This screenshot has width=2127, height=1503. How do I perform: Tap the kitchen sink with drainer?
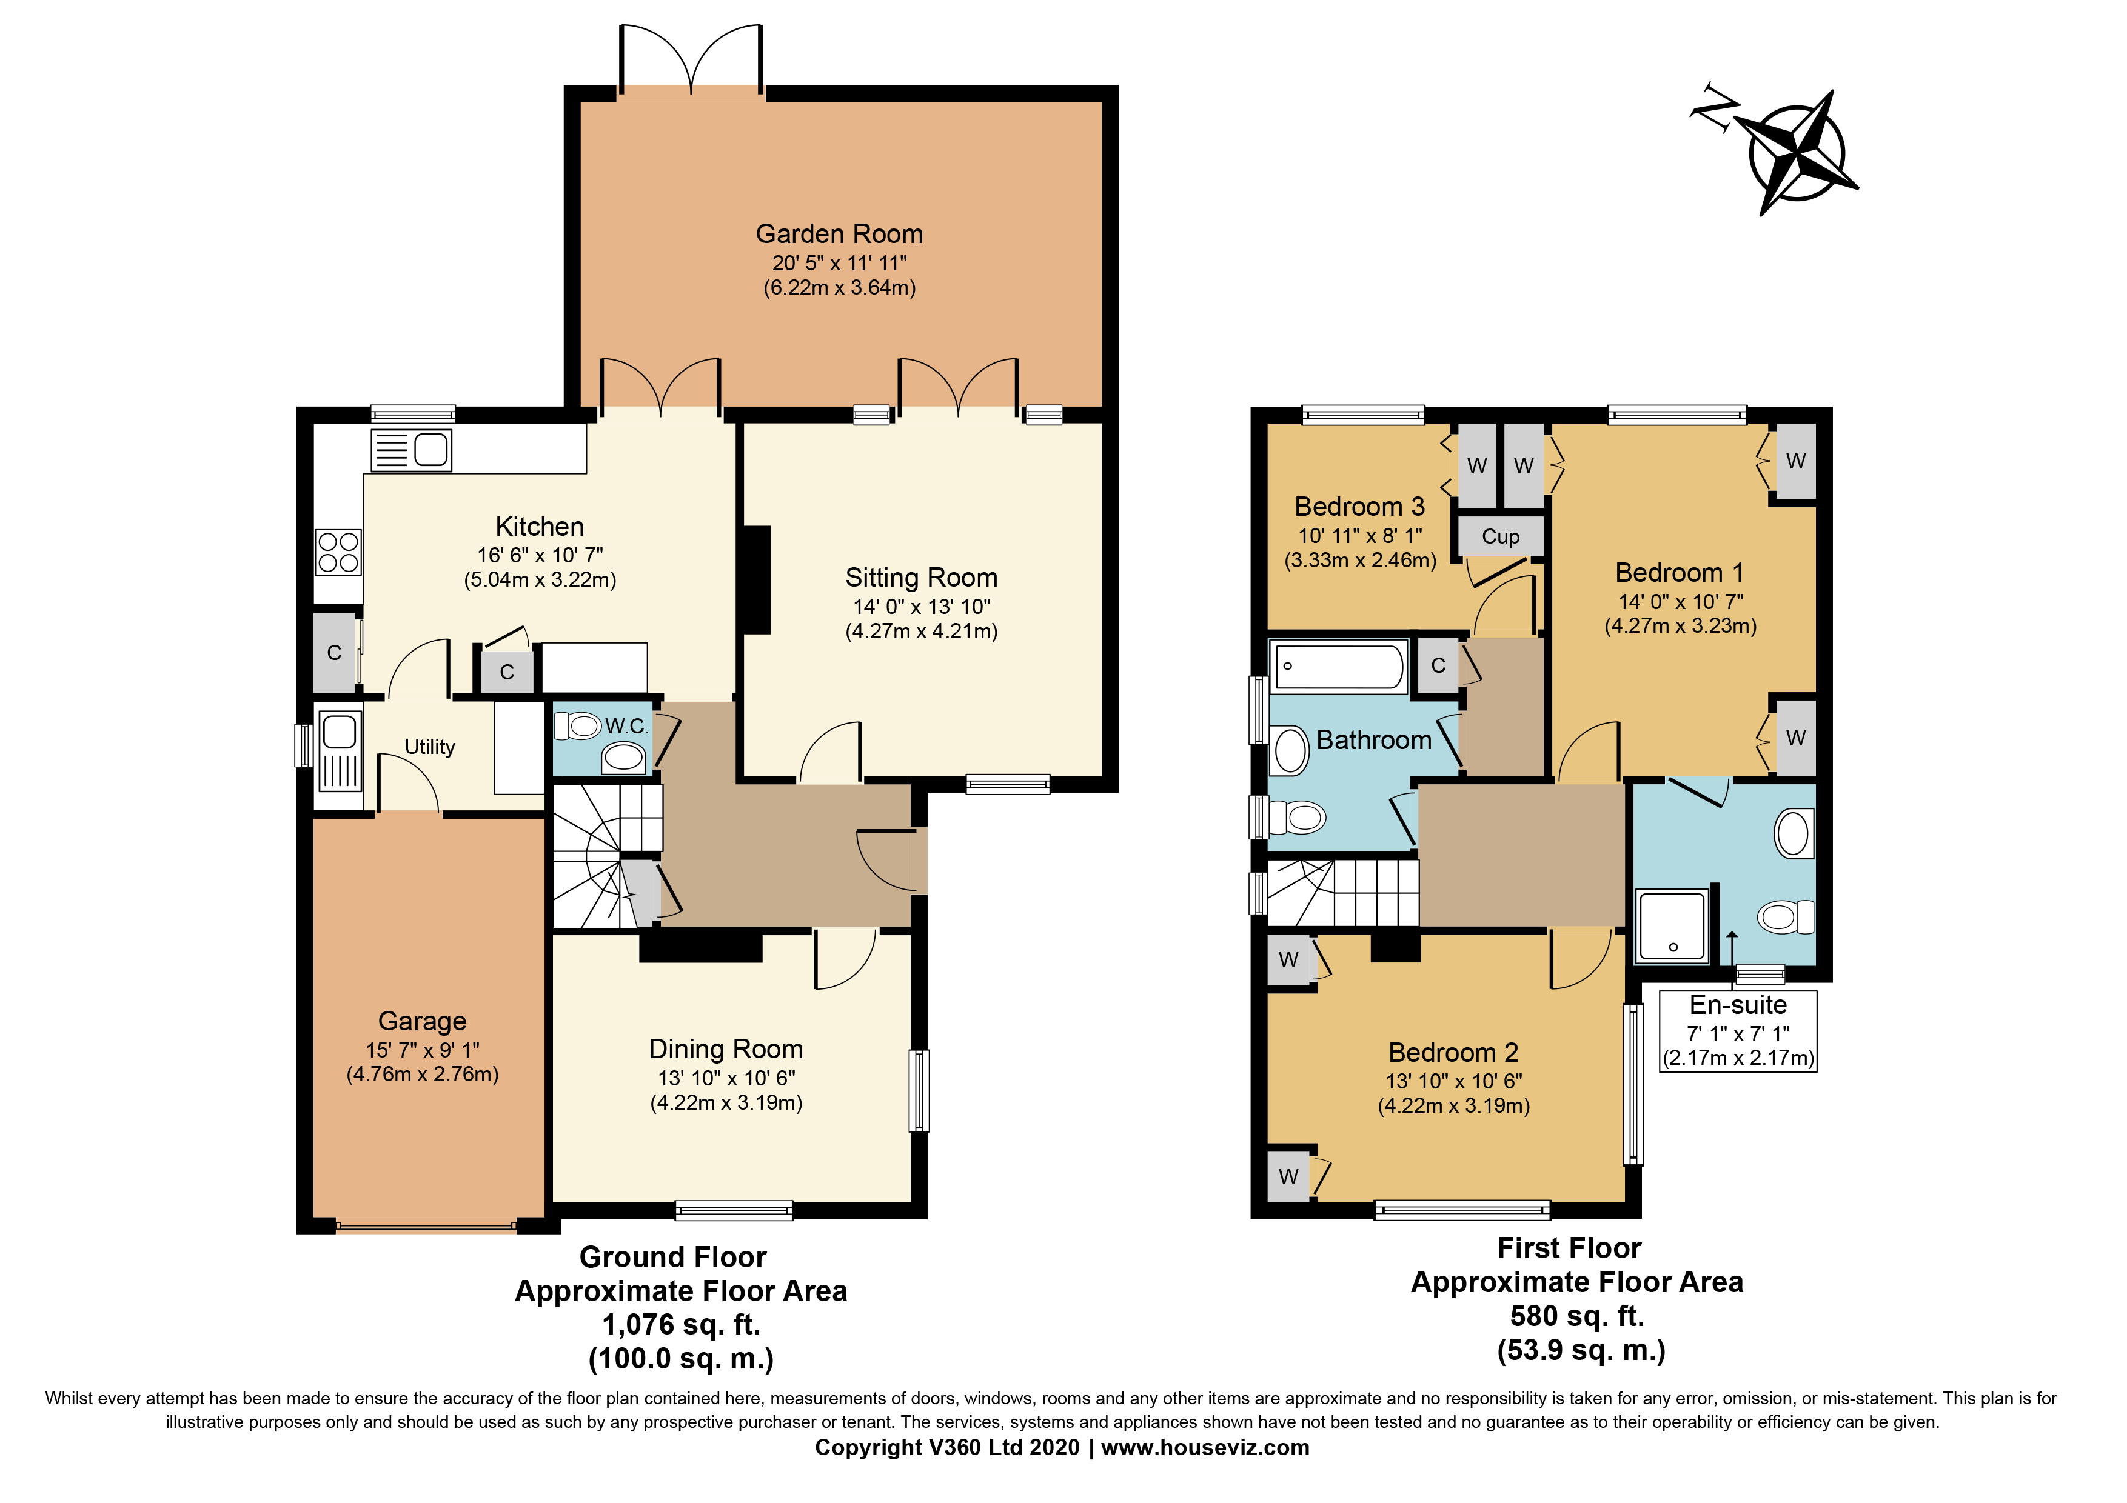coord(411,451)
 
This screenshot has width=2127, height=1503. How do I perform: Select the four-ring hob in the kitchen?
coord(338,552)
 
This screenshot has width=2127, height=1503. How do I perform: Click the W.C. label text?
coord(626,726)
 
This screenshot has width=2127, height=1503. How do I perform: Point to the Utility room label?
coord(430,747)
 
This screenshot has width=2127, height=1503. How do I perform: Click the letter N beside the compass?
coord(1713,112)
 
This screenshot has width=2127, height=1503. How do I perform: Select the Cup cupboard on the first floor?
coord(1500,536)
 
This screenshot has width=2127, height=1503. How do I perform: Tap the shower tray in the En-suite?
coord(1672,925)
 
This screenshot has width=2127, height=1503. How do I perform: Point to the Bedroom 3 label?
coord(1359,507)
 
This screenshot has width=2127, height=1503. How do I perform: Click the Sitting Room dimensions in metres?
coord(921,632)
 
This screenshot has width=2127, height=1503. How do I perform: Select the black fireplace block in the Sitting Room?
coord(757,580)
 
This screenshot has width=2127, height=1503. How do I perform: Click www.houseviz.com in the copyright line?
coord(1204,1447)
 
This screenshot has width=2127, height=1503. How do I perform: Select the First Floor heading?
coord(1569,1248)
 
